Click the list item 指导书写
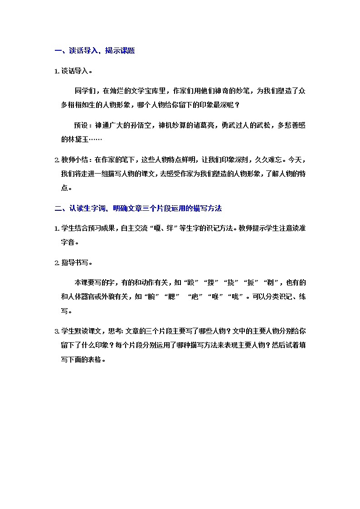(75, 263)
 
